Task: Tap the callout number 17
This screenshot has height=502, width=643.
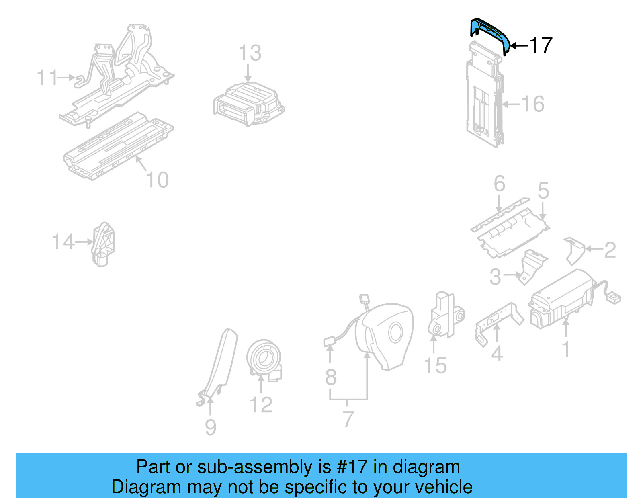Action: (541, 45)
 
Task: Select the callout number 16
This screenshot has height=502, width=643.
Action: (533, 104)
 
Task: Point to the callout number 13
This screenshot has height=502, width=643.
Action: (250, 53)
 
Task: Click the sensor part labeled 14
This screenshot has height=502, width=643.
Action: (103, 244)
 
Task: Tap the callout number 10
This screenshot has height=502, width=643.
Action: (157, 180)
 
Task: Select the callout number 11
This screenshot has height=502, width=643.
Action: (47, 78)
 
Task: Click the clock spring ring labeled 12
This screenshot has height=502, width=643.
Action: (264, 359)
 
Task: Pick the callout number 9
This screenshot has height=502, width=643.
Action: (211, 427)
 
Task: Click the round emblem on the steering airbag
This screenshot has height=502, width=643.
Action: (395, 333)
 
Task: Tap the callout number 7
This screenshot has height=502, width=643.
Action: (348, 419)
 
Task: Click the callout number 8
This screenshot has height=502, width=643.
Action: (331, 377)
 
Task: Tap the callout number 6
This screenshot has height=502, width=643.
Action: (499, 184)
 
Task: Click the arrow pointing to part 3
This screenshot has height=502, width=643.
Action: (512, 275)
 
